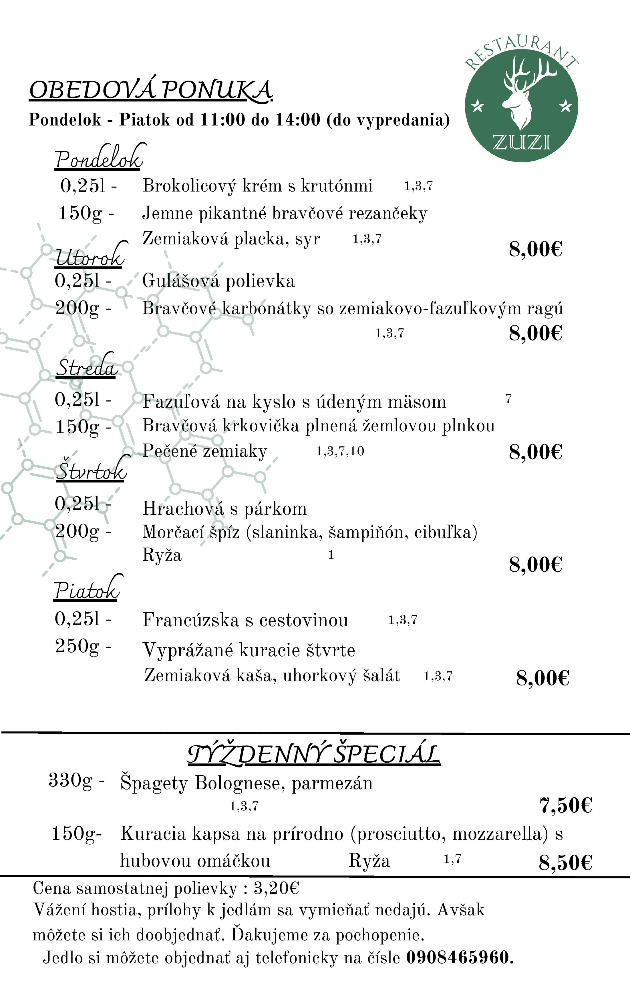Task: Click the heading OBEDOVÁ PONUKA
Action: click(150, 90)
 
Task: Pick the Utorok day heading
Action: click(90, 257)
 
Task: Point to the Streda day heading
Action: click(86, 367)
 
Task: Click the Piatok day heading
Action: click(86, 589)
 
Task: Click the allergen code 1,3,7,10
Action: click(340, 451)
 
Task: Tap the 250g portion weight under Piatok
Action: click(78, 646)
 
